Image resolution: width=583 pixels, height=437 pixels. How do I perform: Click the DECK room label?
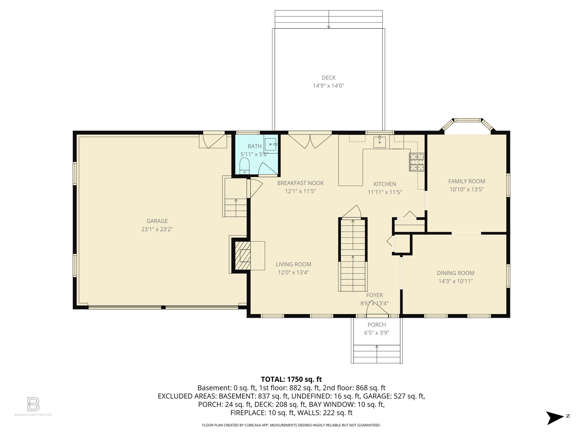click(329, 78)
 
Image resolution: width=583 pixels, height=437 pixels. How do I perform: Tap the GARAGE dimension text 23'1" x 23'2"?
click(157, 229)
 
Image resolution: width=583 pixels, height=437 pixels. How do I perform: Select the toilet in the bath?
click(244, 166)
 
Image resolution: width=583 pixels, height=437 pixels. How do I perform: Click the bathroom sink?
click(270, 145)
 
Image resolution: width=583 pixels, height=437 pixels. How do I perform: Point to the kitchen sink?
click(379, 142)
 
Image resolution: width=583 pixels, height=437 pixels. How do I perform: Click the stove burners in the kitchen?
click(417, 162)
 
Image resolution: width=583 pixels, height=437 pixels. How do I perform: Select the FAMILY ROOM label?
click(467, 181)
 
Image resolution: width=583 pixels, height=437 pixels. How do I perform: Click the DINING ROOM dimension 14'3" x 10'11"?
click(455, 281)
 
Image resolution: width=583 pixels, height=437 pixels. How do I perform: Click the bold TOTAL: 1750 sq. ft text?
click(291, 379)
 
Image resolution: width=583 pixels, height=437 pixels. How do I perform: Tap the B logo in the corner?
click(33, 404)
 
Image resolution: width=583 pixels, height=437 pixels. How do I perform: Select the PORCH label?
click(377, 325)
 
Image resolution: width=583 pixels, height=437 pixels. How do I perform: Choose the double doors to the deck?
click(310, 141)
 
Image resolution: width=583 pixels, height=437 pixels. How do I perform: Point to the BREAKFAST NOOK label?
click(300, 183)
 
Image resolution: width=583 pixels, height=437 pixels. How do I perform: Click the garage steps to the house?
click(236, 207)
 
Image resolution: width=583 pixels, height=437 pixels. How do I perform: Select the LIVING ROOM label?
click(293, 264)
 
